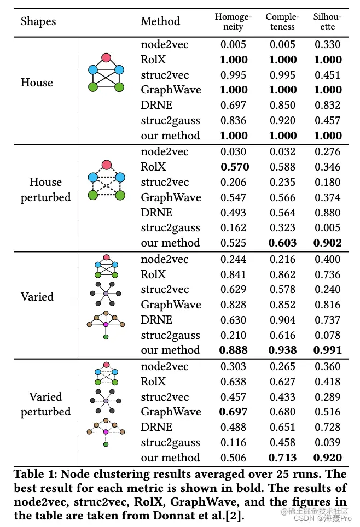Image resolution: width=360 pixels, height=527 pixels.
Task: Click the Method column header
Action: [160, 22]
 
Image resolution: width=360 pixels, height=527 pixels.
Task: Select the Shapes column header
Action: [38, 22]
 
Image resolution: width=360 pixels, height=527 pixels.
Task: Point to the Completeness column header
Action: [283, 22]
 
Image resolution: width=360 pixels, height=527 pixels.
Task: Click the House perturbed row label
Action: [45, 190]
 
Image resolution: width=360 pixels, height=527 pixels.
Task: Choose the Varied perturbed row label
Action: [45, 404]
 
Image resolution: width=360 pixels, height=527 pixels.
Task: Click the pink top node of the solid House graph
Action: [107, 57]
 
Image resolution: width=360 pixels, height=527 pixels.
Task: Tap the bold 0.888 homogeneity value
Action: [234, 350]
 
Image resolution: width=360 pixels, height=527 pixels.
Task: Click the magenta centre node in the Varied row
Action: [106, 325]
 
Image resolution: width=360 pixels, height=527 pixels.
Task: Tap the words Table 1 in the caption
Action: [34, 474]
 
